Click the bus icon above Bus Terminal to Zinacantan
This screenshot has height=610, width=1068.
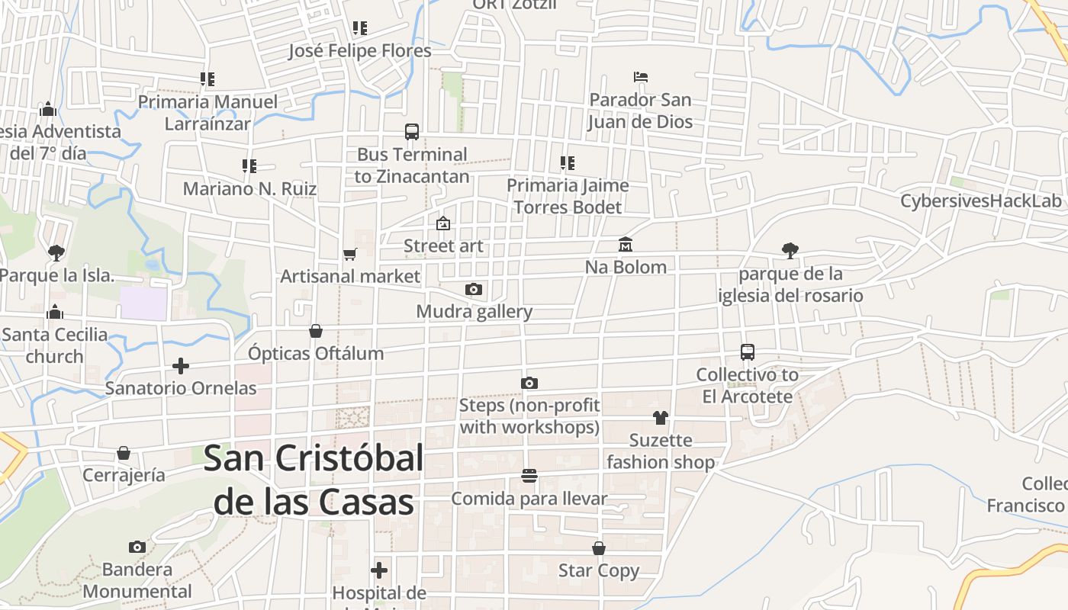point(412,131)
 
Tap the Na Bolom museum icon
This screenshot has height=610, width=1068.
point(626,244)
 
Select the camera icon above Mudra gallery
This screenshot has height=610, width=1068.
point(474,289)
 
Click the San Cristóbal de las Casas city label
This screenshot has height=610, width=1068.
point(314,480)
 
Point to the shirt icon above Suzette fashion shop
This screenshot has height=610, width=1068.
point(660,417)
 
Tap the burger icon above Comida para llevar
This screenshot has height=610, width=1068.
point(529,476)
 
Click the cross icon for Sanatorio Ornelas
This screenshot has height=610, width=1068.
point(181,366)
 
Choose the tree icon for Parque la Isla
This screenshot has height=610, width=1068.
point(56,252)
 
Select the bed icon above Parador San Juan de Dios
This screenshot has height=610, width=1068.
point(641,77)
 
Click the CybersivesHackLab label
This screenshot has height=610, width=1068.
point(981,201)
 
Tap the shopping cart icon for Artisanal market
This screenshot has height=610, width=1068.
point(349,254)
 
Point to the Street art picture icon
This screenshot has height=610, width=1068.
point(442,223)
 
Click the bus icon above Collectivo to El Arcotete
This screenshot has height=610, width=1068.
point(748,352)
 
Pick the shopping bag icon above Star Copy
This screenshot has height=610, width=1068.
point(599,548)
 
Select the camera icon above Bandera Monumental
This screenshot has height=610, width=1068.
point(137,547)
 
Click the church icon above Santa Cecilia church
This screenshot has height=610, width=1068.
point(55,312)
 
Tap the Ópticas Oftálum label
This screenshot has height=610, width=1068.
point(316,354)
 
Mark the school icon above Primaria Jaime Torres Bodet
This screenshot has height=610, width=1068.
point(568,162)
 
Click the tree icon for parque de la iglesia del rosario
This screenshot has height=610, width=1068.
point(790,250)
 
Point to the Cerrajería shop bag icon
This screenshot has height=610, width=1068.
point(124,453)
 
